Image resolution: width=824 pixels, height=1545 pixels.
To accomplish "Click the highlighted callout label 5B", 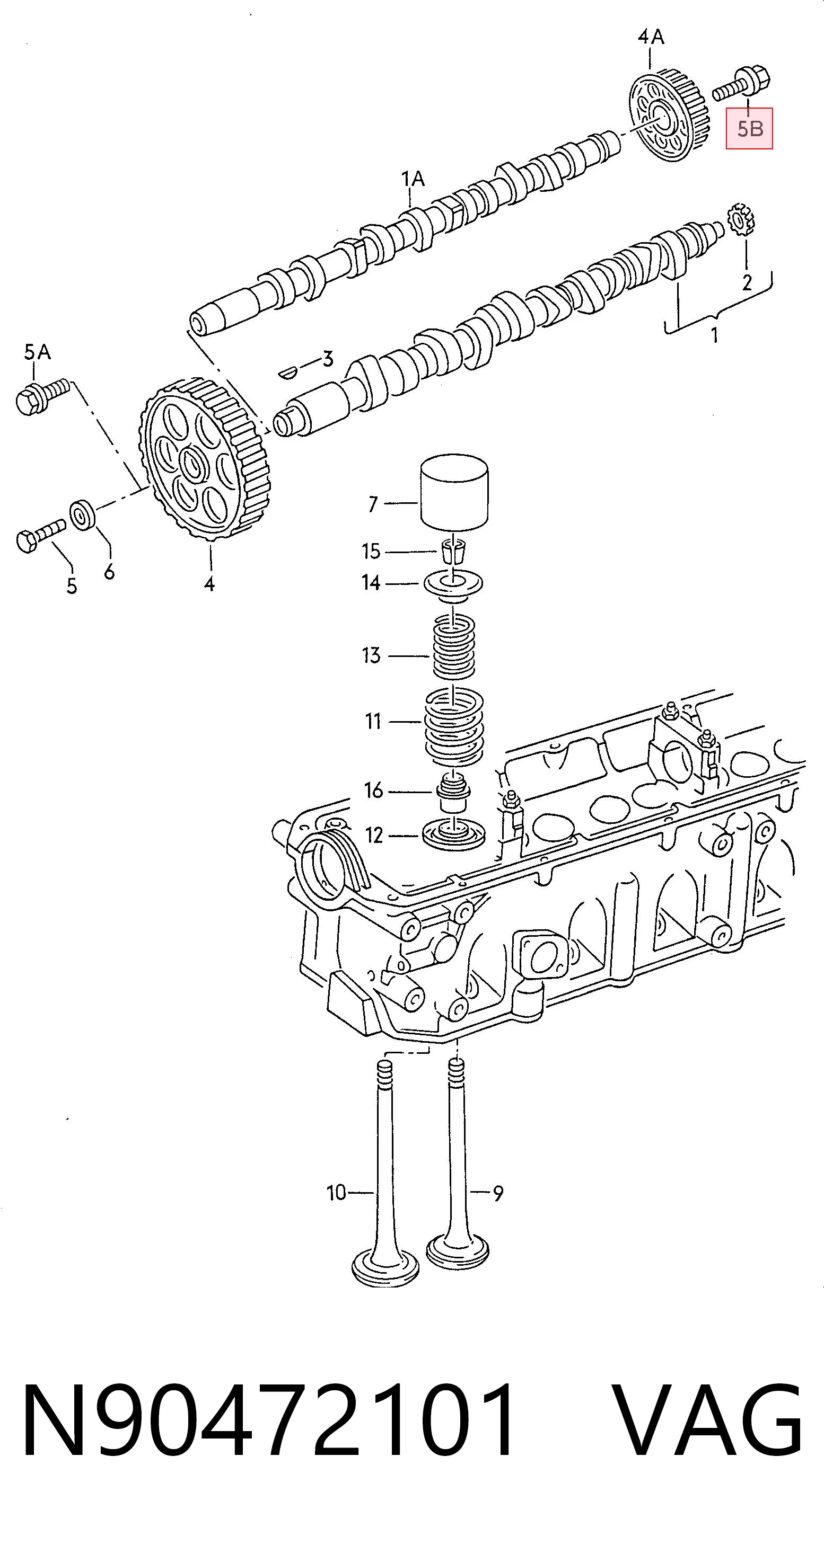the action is (749, 128).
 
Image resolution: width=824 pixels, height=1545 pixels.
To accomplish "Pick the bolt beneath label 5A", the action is (43, 395).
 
